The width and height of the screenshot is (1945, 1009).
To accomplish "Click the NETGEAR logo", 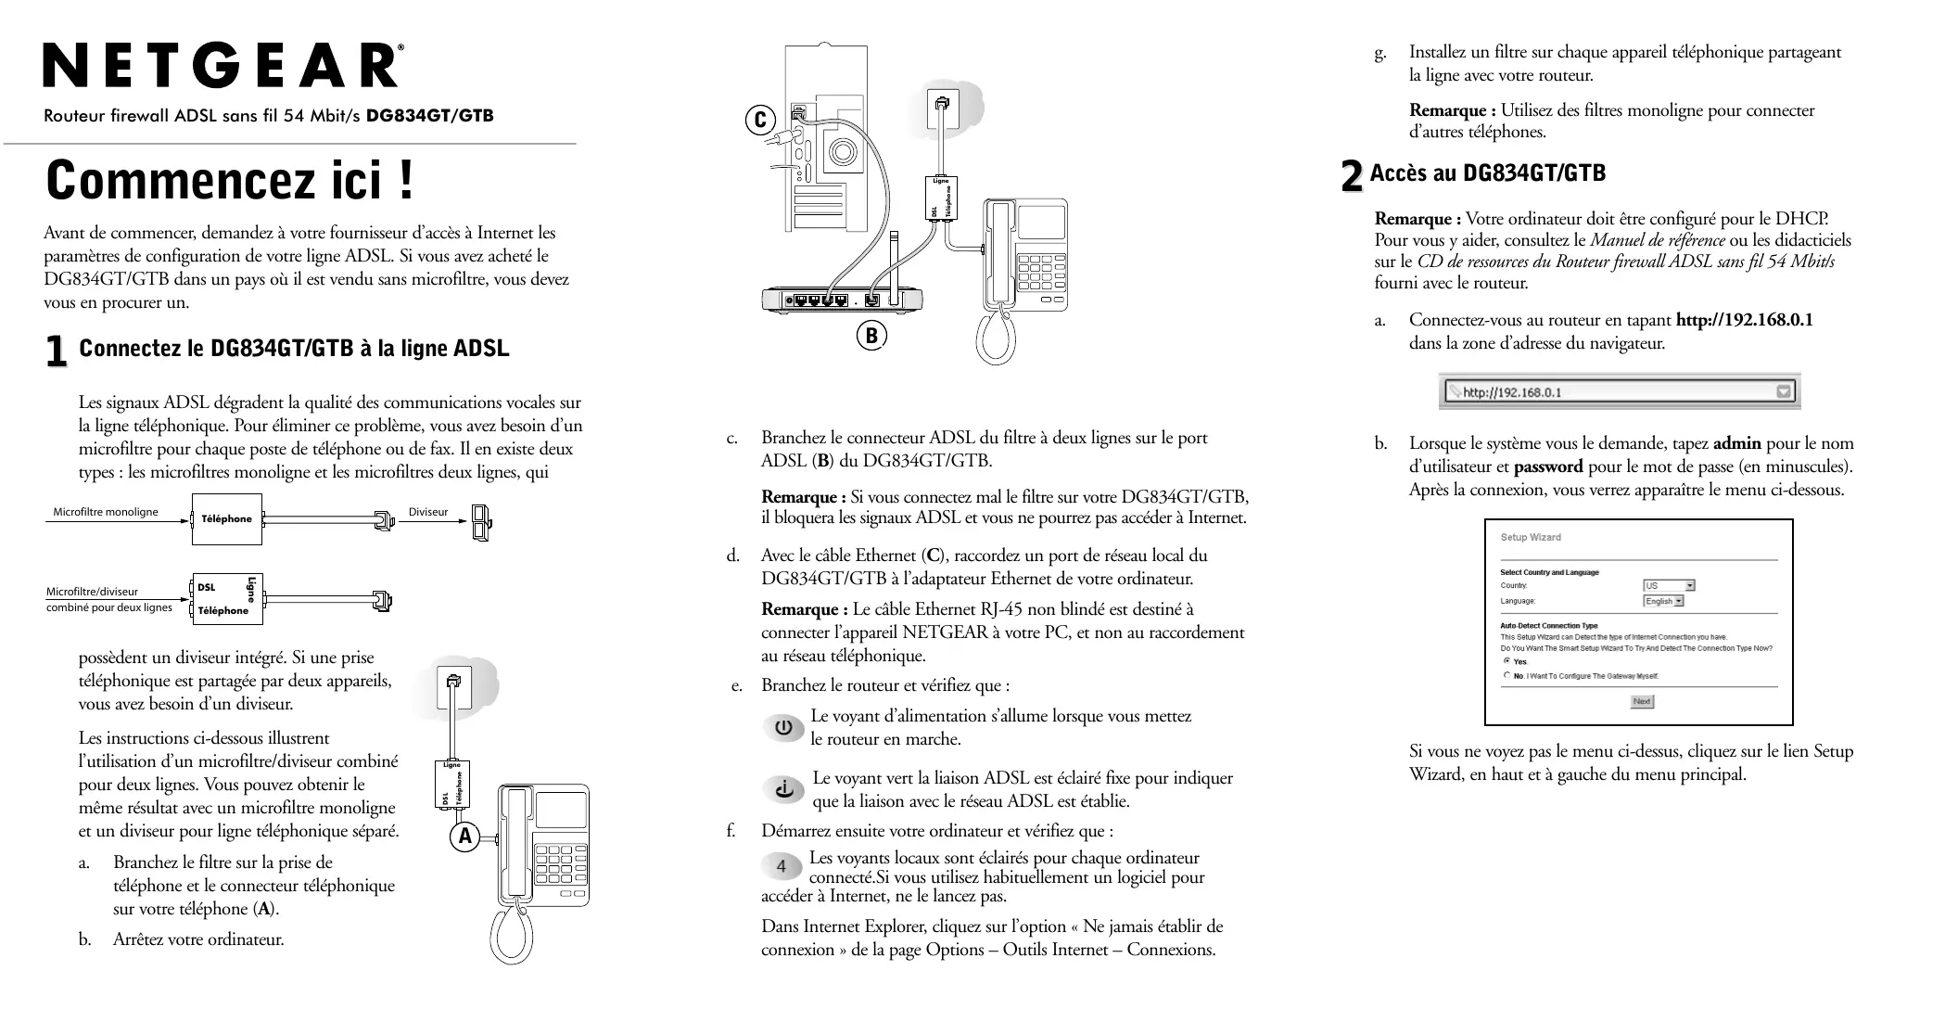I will click(222, 67).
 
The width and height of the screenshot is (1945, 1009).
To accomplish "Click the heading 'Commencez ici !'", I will click(230, 180).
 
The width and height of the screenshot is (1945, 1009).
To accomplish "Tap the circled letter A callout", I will click(465, 837).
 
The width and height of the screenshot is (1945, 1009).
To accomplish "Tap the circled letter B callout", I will click(871, 335).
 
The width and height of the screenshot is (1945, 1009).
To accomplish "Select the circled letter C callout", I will click(760, 120).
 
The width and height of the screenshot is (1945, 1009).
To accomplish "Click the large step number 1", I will click(57, 351).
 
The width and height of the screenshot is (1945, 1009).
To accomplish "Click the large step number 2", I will click(1353, 175).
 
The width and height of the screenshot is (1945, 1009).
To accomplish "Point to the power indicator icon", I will click(784, 728).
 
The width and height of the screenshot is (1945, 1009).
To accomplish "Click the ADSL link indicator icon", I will click(785, 789).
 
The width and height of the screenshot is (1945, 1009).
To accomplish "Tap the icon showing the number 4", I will click(782, 866).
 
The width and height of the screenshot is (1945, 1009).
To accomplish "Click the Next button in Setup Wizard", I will click(1642, 701).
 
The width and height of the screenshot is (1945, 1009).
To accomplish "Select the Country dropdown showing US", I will click(1669, 585).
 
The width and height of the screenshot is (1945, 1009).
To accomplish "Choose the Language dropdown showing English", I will click(1663, 601).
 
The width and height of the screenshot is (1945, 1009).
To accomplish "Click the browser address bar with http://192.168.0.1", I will click(1619, 391).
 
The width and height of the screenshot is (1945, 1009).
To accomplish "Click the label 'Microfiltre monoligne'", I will click(106, 512).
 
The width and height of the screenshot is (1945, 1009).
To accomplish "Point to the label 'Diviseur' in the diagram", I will click(428, 512).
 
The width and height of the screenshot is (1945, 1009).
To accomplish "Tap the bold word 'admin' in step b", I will click(1737, 443).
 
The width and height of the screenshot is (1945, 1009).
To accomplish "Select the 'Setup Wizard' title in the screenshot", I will click(1531, 537).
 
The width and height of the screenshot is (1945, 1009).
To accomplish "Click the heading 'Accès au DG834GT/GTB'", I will click(1488, 173).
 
